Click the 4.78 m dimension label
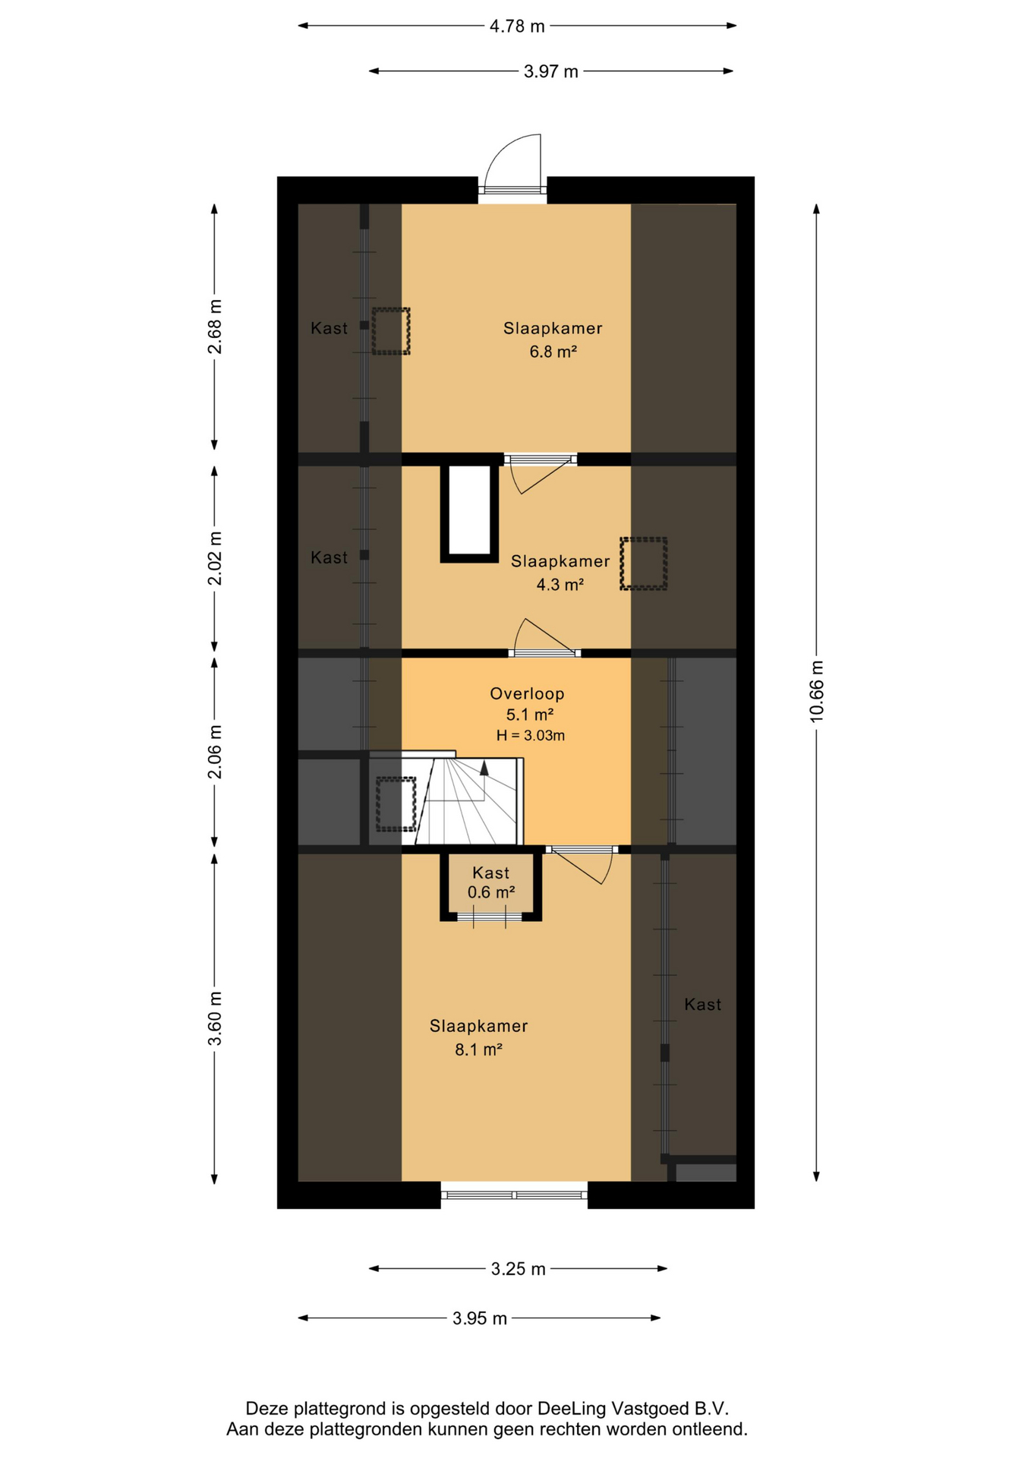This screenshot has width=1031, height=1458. point(517,26)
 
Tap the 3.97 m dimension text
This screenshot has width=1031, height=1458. point(551,71)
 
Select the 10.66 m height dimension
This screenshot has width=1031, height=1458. point(816,690)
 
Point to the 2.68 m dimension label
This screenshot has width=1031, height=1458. point(215,327)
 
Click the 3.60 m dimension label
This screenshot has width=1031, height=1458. point(215,1018)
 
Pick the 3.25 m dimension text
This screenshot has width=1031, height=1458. point(519,1269)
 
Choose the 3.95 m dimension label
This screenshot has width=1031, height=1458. point(480,1318)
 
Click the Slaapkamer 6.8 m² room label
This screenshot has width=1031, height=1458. point(553,339)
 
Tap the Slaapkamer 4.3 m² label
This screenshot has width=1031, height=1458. point(560,573)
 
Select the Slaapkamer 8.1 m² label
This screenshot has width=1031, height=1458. point(478,1037)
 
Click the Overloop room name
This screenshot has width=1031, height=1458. point(527,693)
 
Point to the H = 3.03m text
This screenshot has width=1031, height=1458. point(531,735)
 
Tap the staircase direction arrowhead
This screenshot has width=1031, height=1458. point(484,768)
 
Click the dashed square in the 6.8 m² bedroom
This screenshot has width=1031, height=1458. point(390,330)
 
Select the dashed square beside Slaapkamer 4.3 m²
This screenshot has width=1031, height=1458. point(644,563)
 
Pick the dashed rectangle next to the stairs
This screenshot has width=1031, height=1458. point(396,804)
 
